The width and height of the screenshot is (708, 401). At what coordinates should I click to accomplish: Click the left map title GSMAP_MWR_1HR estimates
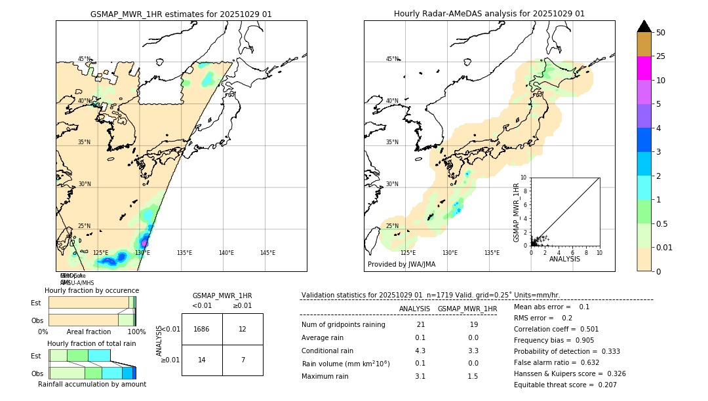[181, 14]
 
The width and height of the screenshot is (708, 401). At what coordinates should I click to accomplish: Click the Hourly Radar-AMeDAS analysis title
[489, 14]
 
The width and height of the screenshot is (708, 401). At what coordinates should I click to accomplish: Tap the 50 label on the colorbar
[661, 33]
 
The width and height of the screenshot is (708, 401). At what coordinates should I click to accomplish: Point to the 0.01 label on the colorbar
[665, 247]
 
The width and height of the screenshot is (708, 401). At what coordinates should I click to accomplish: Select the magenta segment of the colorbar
[644, 68]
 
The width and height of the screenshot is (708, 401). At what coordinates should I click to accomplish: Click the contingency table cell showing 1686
[202, 329]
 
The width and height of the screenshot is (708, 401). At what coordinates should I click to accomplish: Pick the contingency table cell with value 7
[243, 360]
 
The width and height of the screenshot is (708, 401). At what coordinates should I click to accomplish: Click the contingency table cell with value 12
[243, 329]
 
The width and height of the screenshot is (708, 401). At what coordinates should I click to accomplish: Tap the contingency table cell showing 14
[202, 360]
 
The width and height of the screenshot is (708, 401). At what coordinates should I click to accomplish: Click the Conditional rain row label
[327, 351]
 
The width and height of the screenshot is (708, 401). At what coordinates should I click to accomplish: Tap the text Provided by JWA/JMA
[401, 265]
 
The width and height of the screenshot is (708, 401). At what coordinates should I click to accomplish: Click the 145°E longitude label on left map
[267, 253]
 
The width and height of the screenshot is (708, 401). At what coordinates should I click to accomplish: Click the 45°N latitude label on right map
[392, 59]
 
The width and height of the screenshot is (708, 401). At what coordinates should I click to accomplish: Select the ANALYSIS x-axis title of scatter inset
[564, 259]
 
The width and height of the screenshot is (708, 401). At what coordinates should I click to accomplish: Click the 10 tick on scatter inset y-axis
[524, 178]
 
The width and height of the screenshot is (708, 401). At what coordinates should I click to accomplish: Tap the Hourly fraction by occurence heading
[92, 290]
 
